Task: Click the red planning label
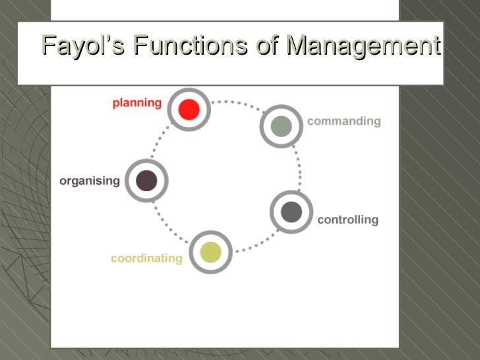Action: click(x=136, y=103)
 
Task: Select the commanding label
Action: click(x=344, y=121)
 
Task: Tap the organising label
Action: click(x=90, y=181)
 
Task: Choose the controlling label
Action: click(x=347, y=220)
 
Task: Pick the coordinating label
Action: click(x=146, y=258)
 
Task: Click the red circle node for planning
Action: click(x=189, y=109)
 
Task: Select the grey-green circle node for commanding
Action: click(x=281, y=126)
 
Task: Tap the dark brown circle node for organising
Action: click(x=146, y=180)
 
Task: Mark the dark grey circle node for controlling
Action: click(x=291, y=212)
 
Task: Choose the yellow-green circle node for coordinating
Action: click(x=210, y=252)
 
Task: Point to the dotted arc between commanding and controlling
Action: click(x=298, y=168)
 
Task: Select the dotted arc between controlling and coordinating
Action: click(x=254, y=245)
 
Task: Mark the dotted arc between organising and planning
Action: click(x=160, y=138)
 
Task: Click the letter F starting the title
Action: click(x=48, y=46)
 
